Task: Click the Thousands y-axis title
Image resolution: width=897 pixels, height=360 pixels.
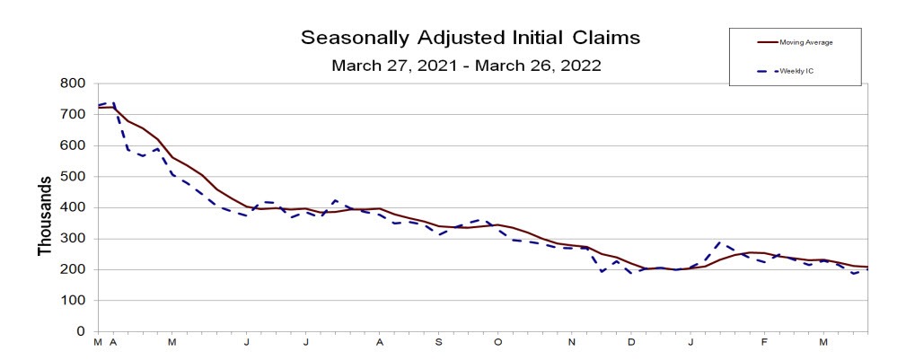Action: click(44, 215)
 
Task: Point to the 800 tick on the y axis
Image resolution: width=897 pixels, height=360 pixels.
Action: click(73, 83)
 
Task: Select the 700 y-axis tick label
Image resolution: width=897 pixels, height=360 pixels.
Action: click(73, 114)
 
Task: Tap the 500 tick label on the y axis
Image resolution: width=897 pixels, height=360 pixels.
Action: click(73, 176)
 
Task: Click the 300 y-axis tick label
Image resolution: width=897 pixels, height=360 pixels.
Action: click(73, 238)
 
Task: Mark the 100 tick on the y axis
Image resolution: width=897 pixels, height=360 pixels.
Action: click(73, 300)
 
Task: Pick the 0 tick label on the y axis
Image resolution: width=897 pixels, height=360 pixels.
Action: click(81, 331)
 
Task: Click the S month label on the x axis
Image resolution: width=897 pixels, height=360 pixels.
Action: click(439, 343)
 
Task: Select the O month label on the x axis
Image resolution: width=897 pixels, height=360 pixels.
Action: click(497, 343)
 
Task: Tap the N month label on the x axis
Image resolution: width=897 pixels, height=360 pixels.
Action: click(572, 343)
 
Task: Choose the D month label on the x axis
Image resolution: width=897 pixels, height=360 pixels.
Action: click(631, 343)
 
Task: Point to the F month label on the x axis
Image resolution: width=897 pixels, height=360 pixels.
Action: click(764, 343)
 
